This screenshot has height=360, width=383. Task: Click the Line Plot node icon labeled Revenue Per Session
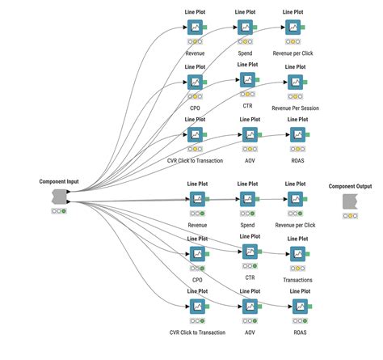click(297, 83)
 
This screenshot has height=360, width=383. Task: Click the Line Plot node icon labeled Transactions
click(297, 256)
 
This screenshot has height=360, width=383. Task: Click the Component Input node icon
click(58, 197)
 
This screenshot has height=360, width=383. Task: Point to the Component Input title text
click(58, 182)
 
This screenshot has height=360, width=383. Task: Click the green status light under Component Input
click(64, 211)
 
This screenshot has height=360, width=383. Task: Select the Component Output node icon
click(350, 201)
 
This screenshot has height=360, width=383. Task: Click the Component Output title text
click(350, 186)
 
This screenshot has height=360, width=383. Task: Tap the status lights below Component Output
click(350, 215)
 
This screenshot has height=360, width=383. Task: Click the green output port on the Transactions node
click(309, 256)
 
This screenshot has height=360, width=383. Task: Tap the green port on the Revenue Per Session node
click(309, 83)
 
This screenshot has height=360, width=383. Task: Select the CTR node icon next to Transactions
click(247, 251)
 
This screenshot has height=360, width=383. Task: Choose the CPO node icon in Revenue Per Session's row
click(195, 82)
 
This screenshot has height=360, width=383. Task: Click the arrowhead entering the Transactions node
click(286, 256)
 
